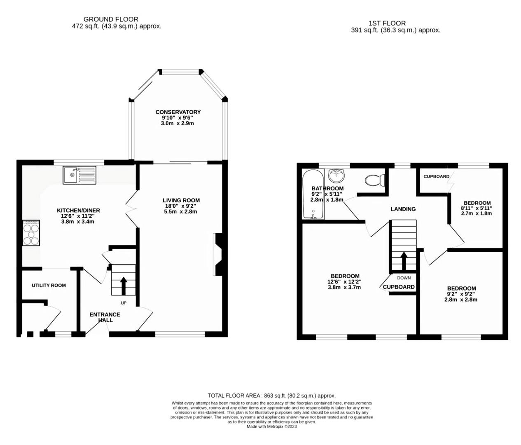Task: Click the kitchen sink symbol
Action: point(79,175)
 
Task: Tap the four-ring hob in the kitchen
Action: point(31,233)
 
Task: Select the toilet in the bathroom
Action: point(375,180)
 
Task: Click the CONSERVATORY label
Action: point(178,112)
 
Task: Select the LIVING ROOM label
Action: point(181,200)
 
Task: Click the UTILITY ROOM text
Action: point(49,285)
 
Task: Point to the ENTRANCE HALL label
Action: point(105,317)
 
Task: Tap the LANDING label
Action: point(403,209)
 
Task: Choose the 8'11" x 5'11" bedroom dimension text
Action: point(477,208)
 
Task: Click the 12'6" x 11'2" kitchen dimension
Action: point(78,216)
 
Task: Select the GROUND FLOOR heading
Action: point(111,19)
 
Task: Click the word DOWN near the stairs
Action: point(404,278)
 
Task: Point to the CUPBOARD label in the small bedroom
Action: point(436,176)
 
